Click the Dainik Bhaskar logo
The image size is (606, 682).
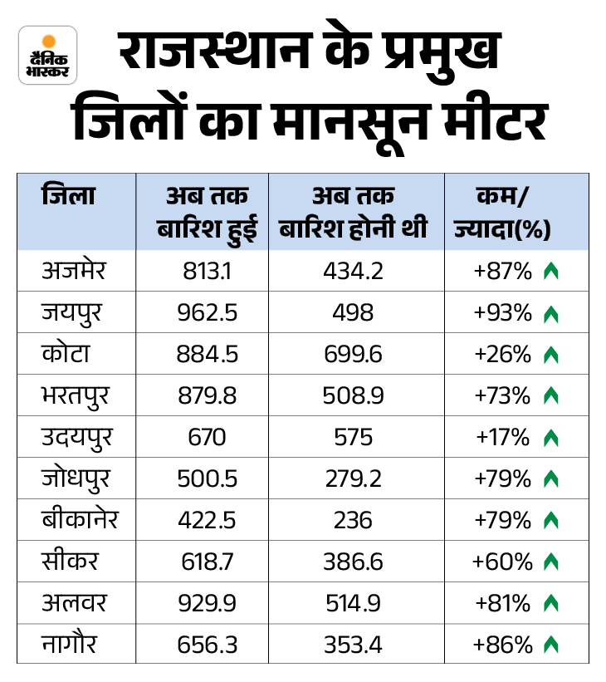[x=47, y=55]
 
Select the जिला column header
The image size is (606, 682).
[x=68, y=197]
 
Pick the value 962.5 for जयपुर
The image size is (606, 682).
[x=208, y=313]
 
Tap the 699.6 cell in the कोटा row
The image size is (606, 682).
[x=354, y=355]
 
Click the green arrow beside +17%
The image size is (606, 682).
[x=550, y=438]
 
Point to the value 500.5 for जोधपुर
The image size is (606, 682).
[x=208, y=478]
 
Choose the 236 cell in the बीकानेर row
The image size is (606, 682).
[x=354, y=520]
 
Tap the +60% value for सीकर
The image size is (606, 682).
[x=502, y=562]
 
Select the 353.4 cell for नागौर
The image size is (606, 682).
[x=354, y=644]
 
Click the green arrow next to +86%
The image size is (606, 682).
[x=550, y=644]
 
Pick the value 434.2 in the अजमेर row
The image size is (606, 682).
[x=354, y=272]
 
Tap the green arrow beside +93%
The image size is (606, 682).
[x=550, y=314]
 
